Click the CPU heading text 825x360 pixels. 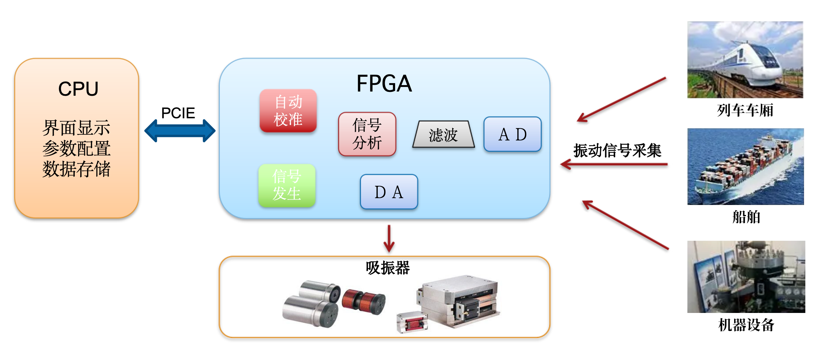pos(78,89)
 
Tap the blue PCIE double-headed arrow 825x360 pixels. pos(180,131)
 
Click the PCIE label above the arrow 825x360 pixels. pos(178,113)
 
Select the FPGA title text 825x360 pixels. pos(384,84)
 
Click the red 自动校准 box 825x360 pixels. pos(288,111)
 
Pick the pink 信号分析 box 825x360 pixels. pos(367,134)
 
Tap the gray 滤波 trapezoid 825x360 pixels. pos(443,135)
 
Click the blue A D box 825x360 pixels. pos(512,134)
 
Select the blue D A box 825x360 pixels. pos(389,192)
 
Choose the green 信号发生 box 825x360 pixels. pos(286,185)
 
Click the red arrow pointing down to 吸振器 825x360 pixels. pos(389,238)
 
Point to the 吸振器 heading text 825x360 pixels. pos(388,268)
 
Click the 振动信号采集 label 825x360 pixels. pos(617,151)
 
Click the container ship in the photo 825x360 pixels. pos(744,168)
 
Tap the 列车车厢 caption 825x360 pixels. pos(745,111)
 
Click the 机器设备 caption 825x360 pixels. pos(746,325)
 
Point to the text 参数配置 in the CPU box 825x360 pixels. pos(76,148)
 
